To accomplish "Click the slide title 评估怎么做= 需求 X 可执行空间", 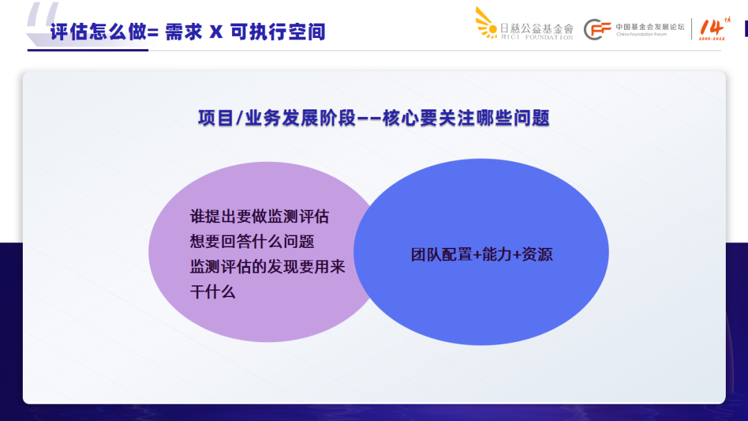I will pos(187,32).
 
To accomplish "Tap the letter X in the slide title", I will pos(216,32).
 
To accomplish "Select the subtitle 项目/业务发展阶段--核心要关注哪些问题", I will pos(374,118).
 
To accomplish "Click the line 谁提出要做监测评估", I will pos(259,216).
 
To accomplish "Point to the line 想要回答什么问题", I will pos(252,242).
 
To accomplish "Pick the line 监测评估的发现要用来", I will pos(267,267).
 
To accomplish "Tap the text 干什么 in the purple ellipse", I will pos(213,292).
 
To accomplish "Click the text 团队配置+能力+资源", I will pos(481,254).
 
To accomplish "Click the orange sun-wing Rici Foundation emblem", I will pos(486,21).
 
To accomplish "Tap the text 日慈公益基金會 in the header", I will pos(537,28).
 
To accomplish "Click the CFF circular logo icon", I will pos(597,29).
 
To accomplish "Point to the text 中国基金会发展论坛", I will pos(650,26).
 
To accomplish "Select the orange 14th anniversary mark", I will pos(712,28).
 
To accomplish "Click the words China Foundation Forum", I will pos(641,34).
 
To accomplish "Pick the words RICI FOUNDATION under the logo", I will pos(537,37).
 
